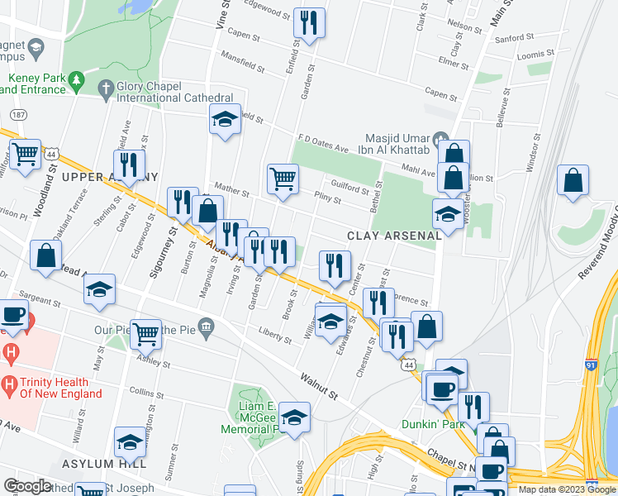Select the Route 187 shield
(x=17, y=113)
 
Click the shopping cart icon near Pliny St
(x=283, y=178)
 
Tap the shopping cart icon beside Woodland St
(x=26, y=153)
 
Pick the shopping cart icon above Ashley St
(x=145, y=333)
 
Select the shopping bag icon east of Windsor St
(x=573, y=180)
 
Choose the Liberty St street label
(x=274, y=336)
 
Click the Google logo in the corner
(x=27, y=486)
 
